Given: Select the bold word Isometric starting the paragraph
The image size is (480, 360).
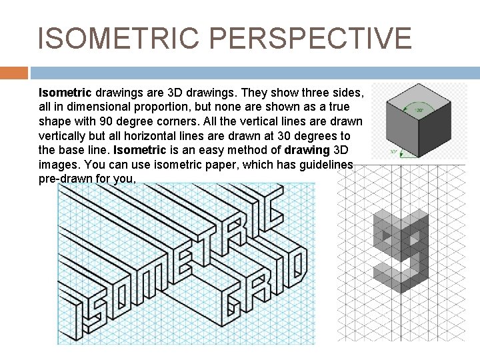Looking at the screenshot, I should pos(65,92).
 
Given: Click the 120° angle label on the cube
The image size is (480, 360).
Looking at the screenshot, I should pos(420,109).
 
